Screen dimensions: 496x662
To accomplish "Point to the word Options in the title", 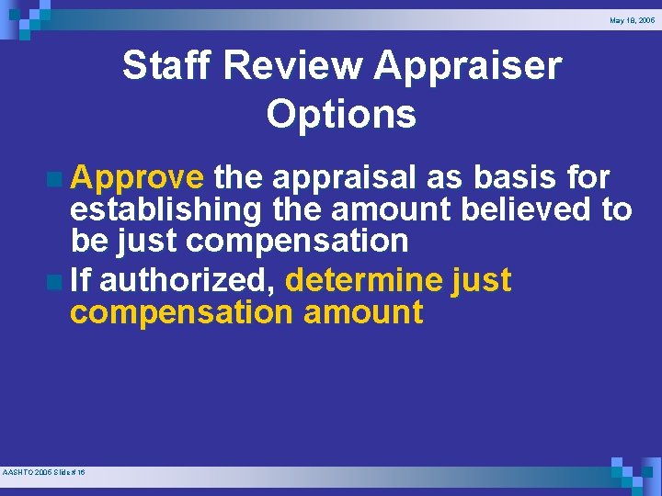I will (341, 114).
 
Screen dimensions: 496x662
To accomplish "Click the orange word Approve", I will (137, 177).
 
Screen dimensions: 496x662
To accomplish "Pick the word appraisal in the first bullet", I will (352, 177).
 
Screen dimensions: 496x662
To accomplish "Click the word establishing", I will (167, 210).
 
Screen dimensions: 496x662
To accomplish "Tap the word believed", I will (528, 209).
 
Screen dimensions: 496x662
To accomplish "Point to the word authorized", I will (188, 279).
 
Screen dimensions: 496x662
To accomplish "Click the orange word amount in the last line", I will (363, 312).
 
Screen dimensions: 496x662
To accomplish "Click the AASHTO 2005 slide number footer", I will (44, 472).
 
